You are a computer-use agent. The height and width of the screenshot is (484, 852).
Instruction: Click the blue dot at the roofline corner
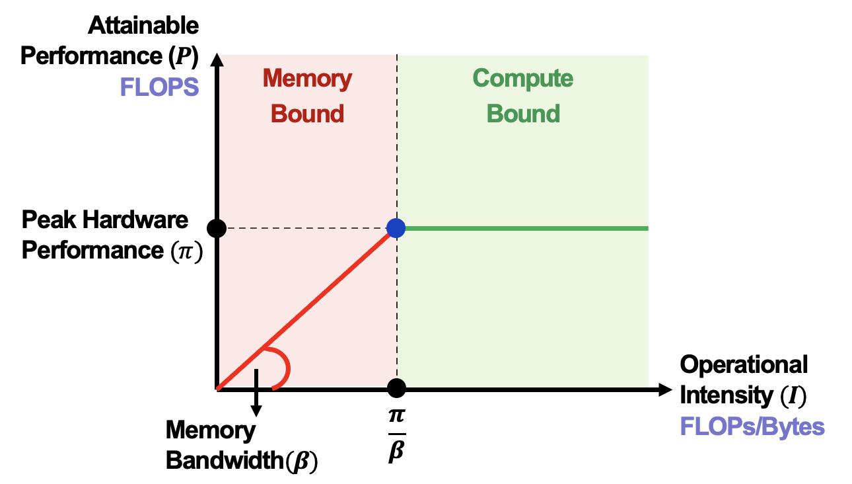pos(396,228)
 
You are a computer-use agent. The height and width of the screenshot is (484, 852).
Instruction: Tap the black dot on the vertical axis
pos(217,228)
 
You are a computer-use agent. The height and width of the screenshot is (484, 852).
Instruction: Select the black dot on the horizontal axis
pos(396,388)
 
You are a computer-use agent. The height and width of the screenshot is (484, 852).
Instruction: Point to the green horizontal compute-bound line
pos(528,228)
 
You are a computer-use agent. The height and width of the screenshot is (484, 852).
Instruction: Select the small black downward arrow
pos(257,400)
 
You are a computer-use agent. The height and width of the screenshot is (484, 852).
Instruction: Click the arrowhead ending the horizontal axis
pos(664,389)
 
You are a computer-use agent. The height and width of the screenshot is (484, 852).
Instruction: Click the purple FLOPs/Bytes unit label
pos(752,426)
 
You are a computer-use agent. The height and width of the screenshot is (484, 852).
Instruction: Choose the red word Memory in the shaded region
pos(307,79)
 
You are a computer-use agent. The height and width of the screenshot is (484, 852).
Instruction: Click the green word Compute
pos(523,79)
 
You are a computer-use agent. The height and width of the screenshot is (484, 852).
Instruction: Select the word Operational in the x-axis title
pos(744,364)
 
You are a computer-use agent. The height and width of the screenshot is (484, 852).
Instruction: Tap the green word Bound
pos(523,114)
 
